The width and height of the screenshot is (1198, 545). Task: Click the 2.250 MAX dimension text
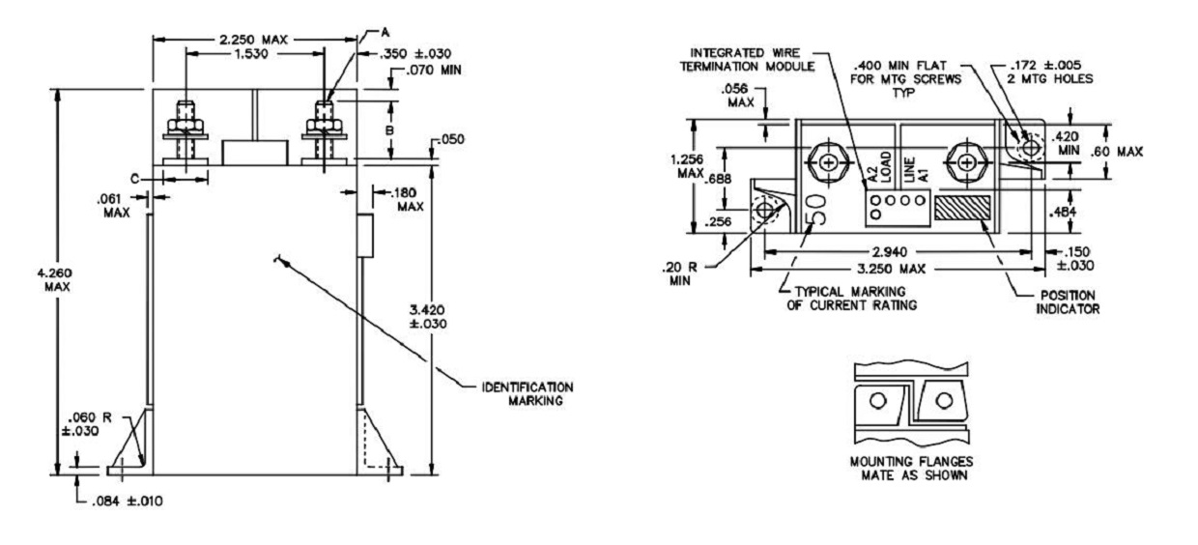coord(253,40)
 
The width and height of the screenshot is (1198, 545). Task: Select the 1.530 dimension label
coord(251,53)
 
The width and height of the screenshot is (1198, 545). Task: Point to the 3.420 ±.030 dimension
coord(428,317)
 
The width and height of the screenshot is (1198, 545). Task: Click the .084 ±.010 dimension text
coord(128,502)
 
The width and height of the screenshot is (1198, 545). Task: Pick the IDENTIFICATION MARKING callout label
coord(528,393)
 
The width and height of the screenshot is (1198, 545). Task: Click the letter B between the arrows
coord(390,129)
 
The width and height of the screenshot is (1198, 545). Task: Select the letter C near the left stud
coord(135,179)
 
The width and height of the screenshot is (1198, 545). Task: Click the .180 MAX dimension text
coord(409,199)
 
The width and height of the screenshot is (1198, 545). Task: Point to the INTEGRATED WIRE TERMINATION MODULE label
coord(747,59)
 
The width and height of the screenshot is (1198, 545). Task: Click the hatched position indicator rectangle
coord(962,208)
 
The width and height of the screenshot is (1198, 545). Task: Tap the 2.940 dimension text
coord(890,252)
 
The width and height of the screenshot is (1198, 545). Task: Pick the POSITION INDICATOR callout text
coord(1068,302)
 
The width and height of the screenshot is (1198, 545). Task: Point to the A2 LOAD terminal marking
coord(880,167)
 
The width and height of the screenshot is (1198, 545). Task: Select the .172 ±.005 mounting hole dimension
coord(1051,72)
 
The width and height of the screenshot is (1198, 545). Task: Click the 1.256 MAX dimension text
coord(687,166)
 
